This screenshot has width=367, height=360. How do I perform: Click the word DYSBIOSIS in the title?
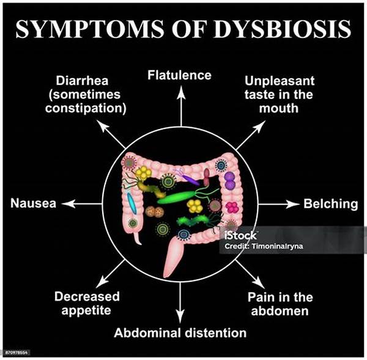click(x=282, y=29)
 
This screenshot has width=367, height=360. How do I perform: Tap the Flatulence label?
click(x=179, y=75)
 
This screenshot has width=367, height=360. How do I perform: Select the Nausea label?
click(x=33, y=203)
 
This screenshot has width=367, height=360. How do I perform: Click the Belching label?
click(x=331, y=204)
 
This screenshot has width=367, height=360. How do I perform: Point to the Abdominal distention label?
click(x=180, y=332)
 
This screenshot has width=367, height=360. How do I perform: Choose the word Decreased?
click(x=87, y=296)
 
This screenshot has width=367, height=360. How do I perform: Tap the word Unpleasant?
click(x=280, y=81)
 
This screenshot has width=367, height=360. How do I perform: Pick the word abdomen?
click(x=280, y=311)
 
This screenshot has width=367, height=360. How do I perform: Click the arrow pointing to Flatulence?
click(x=181, y=106)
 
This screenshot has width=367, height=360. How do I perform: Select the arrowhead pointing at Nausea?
click(x=69, y=204)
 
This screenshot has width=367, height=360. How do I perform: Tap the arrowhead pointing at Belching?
click(x=293, y=204)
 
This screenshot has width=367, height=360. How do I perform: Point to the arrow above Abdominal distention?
click(x=180, y=303)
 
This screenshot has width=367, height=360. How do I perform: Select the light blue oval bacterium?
click(x=132, y=204)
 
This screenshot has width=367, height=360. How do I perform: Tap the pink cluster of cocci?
click(x=232, y=207)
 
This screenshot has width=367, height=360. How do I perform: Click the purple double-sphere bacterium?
click(x=229, y=180)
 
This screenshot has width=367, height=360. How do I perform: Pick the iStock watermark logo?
click(x=240, y=235)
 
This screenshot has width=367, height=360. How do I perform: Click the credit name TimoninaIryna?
click(x=276, y=246)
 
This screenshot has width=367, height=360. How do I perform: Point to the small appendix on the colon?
click(x=138, y=237)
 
